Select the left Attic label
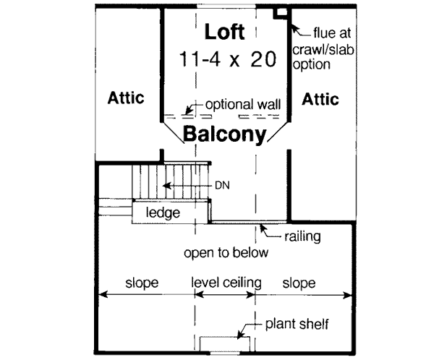[x=127, y=97]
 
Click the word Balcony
[x=225, y=134]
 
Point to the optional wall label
[x=243, y=104]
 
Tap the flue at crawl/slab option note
[x=323, y=48]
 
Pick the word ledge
[x=163, y=213]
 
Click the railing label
[x=302, y=236]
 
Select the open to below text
[x=226, y=253]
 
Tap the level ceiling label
[x=226, y=281]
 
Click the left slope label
[x=142, y=281]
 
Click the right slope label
[x=298, y=281]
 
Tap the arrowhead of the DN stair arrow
[x=165, y=186]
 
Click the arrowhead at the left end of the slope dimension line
[x=101, y=293]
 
